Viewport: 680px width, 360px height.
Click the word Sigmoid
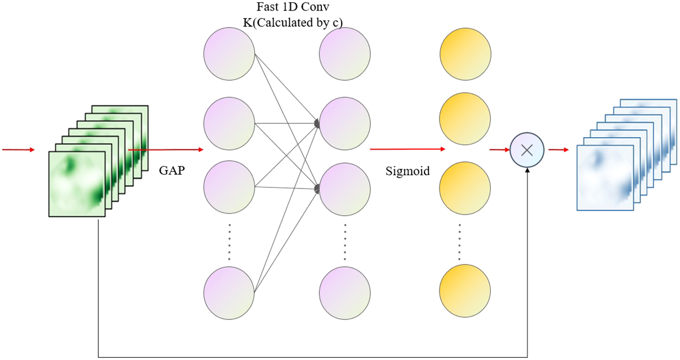(x=407, y=172)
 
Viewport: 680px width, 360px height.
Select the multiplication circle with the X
(x=526, y=150)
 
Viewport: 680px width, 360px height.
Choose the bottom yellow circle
(x=465, y=291)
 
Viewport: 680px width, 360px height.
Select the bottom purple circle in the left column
(x=229, y=291)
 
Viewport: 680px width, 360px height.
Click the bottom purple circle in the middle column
(x=344, y=291)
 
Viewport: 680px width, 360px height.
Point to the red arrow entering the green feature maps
(x=19, y=150)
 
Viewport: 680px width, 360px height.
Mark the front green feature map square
(x=76, y=184)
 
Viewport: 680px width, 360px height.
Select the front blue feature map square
(x=604, y=177)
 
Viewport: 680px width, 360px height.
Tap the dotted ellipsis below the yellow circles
(x=460, y=242)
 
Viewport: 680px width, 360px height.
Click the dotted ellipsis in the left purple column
(x=229, y=242)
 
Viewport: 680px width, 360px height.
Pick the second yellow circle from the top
(x=465, y=118)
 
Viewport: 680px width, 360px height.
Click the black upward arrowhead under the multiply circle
(x=527, y=171)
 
